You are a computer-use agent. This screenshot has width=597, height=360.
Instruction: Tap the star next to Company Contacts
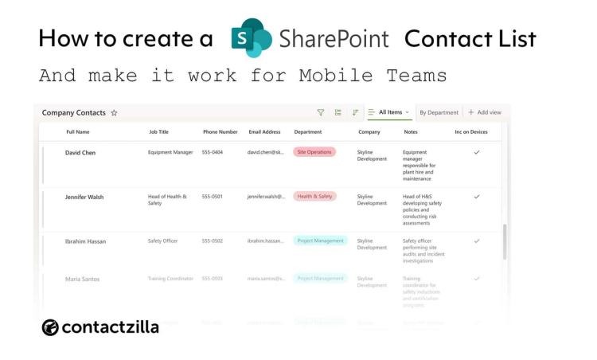[115, 113]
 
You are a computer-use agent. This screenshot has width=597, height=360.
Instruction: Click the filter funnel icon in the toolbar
[321, 113]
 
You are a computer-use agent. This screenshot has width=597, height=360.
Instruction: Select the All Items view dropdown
[390, 113]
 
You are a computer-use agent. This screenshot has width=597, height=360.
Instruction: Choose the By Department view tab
[439, 113]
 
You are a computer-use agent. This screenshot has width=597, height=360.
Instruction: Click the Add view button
[484, 113]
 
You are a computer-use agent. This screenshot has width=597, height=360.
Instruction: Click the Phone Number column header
[220, 131]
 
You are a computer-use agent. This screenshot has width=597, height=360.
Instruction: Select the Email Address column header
[264, 131]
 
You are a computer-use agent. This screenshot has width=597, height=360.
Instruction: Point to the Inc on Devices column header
[470, 131]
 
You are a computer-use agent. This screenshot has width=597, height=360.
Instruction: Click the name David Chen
[80, 152]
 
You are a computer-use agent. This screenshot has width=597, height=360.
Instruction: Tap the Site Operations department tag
[314, 152]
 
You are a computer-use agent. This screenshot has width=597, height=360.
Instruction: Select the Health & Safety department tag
[314, 196]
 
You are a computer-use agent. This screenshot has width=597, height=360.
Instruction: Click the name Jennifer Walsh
[84, 197]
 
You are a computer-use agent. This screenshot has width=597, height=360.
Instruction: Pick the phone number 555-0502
[212, 241]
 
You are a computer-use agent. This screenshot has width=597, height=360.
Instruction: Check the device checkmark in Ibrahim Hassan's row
[477, 241]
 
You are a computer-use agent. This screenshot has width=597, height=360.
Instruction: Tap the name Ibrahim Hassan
[85, 241]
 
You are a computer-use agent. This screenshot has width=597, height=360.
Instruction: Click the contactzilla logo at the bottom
[100, 327]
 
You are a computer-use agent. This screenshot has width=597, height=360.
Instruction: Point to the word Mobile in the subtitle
[334, 76]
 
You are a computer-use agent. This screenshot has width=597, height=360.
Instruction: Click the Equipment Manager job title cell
[170, 152]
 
